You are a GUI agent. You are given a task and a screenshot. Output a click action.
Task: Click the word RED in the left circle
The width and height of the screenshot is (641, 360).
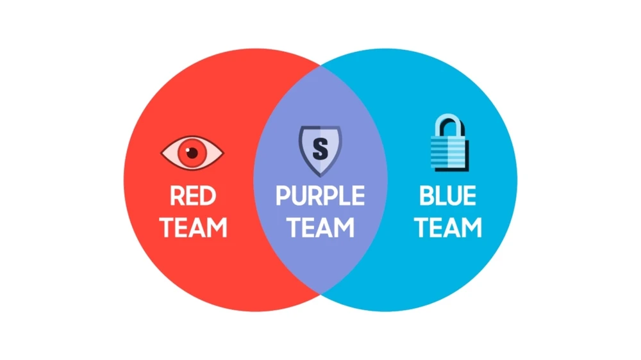[192, 196]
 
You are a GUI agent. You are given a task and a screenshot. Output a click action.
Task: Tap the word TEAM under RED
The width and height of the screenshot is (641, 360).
[193, 227]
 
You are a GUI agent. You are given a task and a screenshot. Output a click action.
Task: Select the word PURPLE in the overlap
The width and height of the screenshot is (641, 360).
[320, 196]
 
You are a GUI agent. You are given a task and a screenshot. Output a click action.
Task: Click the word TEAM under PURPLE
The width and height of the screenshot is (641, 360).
[320, 227]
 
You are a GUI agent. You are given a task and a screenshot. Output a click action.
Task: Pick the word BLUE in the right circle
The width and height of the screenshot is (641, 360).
[447, 196]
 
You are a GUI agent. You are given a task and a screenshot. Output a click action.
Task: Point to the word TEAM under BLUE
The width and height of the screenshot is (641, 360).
[448, 227]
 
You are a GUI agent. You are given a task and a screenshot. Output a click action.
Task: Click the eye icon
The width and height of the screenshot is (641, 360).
[192, 152]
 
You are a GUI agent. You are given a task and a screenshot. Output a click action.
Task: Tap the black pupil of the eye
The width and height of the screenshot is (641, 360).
[192, 153]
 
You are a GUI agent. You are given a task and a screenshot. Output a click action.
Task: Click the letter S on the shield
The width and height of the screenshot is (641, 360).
[320, 149]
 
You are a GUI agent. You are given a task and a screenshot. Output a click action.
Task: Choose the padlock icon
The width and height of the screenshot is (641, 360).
[450, 142]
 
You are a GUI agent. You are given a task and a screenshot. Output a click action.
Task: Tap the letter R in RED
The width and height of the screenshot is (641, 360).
[177, 196]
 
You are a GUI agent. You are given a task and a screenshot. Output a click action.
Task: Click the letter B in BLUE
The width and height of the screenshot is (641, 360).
[426, 196]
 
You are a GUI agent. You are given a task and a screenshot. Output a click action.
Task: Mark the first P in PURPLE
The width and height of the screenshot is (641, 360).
[283, 196]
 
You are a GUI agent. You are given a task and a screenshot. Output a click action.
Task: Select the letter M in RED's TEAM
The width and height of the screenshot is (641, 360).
[217, 227]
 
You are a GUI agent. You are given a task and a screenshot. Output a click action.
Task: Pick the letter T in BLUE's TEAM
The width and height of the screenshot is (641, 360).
[422, 227]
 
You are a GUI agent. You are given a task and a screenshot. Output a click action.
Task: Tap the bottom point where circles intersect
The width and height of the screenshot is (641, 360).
[320, 294]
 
